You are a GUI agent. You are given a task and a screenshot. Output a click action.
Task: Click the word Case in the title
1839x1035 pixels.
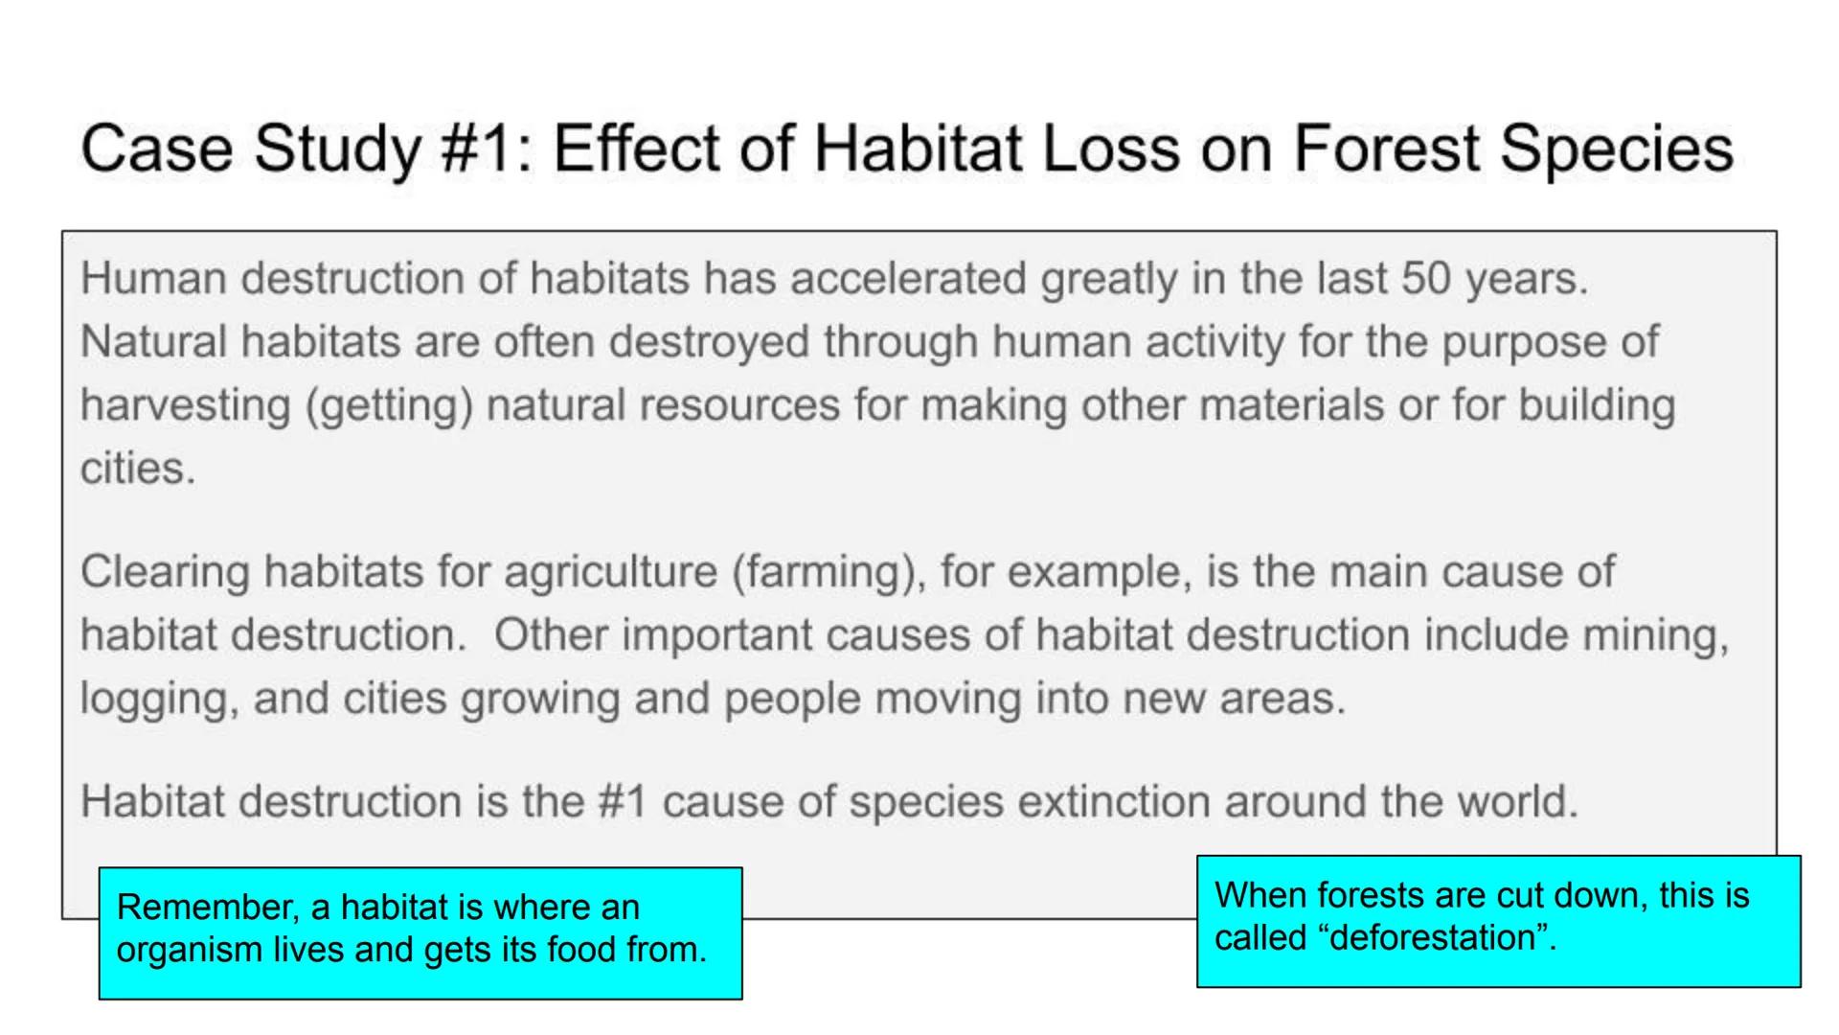(157, 149)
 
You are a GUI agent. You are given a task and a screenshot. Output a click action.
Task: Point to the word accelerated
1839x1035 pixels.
(908, 279)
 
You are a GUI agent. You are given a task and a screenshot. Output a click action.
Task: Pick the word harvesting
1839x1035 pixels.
(185, 405)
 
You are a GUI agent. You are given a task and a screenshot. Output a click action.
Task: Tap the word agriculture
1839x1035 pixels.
(610, 572)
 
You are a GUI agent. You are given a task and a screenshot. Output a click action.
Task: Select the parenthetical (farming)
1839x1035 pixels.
(829, 572)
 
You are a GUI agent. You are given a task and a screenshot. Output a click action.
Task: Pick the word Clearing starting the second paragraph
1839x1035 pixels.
(166, 572)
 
